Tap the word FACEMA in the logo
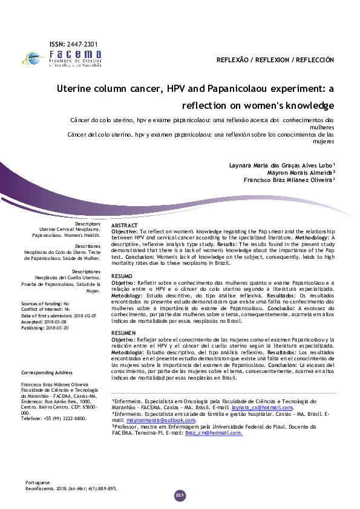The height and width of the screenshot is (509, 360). click(75, 54)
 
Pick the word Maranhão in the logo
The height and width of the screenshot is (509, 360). click(92, 65)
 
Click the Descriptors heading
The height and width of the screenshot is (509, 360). click(88, 224)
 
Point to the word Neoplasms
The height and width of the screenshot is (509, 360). click(88, 229)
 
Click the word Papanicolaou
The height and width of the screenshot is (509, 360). click(46, 235)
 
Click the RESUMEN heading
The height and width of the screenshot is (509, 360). click(123, 333)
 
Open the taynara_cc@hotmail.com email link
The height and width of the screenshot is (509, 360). click(262, 407)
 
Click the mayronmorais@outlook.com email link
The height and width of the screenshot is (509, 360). click(160, 420)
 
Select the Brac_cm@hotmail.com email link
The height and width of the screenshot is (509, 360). click(214, 433)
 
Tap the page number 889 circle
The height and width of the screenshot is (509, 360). click(180, 496)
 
